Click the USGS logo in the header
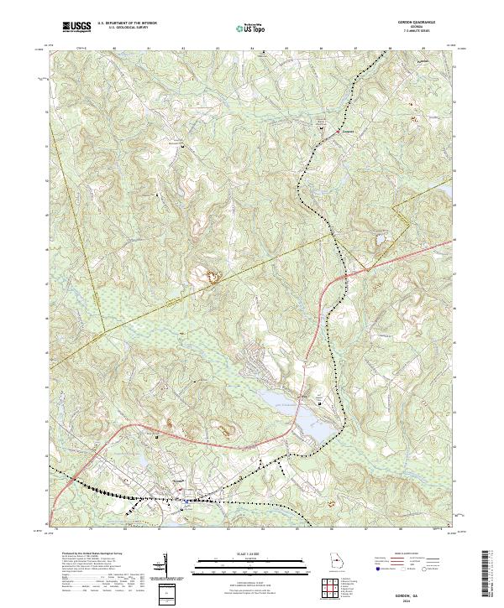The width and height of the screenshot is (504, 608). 76,28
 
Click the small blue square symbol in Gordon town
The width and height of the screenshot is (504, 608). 185,501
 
